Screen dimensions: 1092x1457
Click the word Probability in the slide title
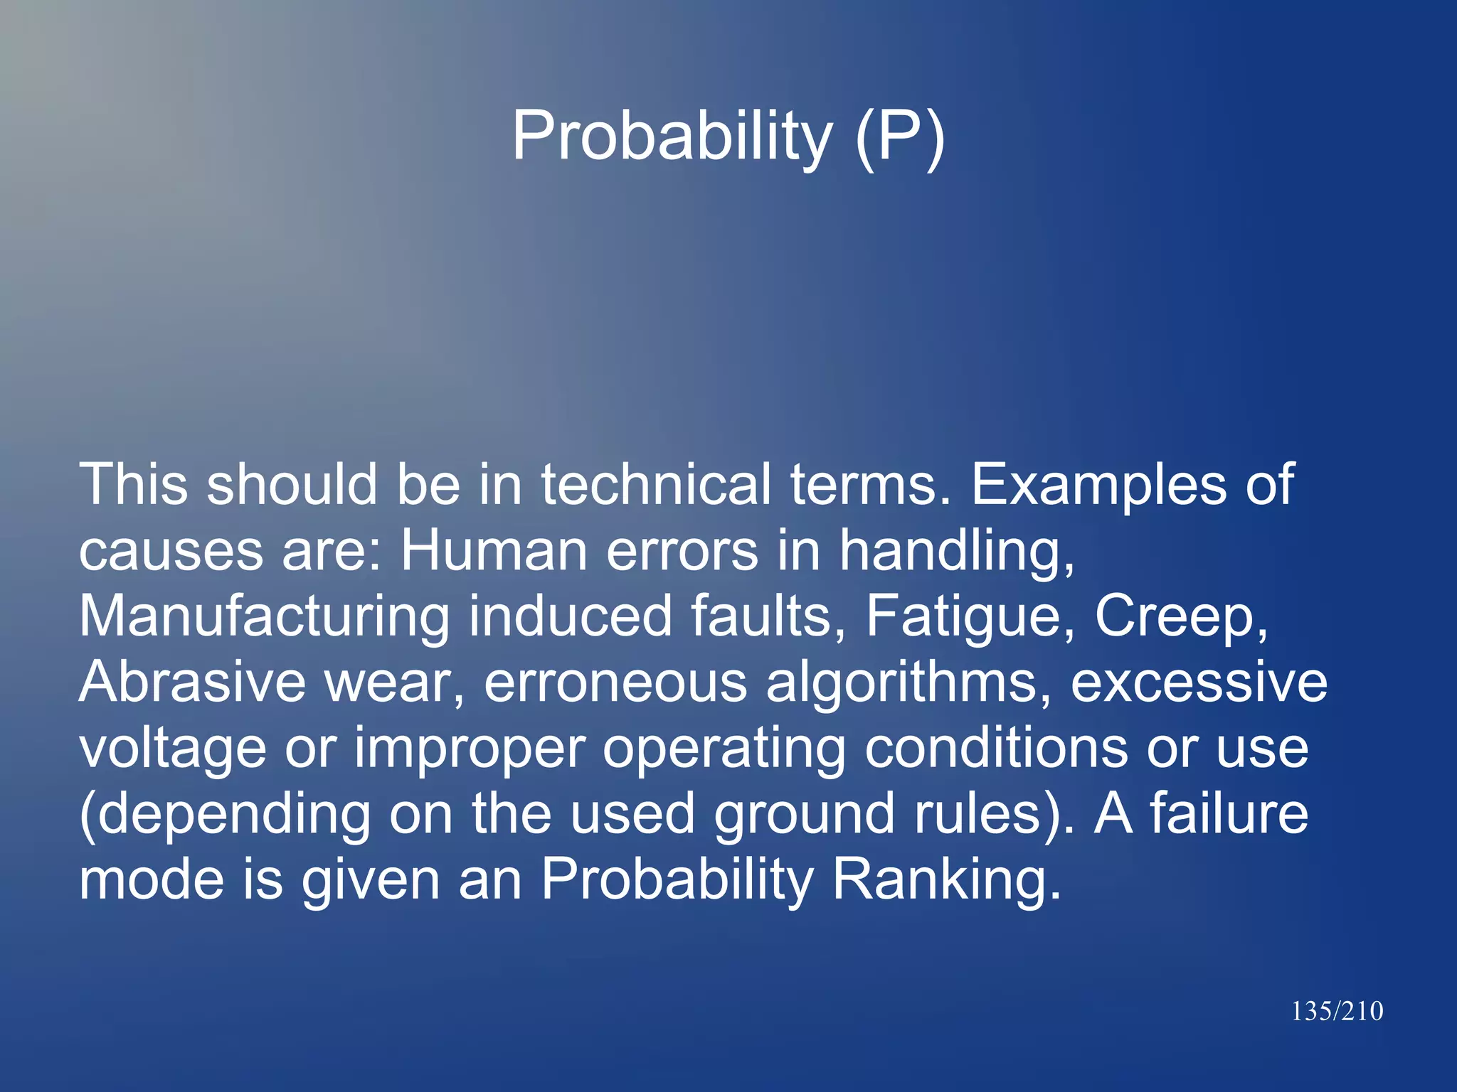[x=672, y=136]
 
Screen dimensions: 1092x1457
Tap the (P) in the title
[x=900, y=136]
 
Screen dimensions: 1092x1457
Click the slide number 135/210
[x=1337, y=1011]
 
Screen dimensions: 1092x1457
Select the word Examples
[x=1098, y=485]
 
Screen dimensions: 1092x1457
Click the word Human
[x=494, y=550]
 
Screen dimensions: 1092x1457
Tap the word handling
[x=957, y=552]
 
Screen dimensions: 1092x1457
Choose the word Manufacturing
[x=264, y=617]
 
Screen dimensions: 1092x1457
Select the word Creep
[x=1181, y=617]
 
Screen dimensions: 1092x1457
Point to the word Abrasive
[x=192, y=682]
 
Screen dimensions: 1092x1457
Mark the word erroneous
[x=615, y=682]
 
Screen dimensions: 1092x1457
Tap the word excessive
[x=1199, y=682]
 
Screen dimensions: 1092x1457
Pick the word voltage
[x=173, y=749]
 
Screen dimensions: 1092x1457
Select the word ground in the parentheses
[x=805, y=815]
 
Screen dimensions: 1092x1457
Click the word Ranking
[x=945, y=880]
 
